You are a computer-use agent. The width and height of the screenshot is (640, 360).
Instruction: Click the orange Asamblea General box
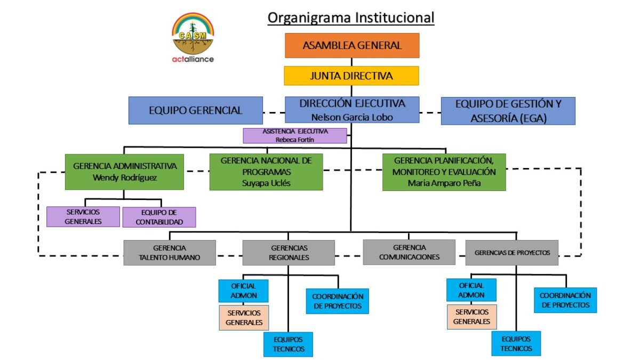click(351, 45)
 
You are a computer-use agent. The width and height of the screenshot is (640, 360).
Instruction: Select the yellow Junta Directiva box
click(351, 76)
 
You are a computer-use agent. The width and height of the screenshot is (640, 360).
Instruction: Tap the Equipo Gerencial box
click(195, 110)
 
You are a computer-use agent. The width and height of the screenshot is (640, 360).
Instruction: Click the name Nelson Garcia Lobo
click(352, 117)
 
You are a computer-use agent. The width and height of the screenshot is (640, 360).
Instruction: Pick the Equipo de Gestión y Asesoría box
click(508, 111)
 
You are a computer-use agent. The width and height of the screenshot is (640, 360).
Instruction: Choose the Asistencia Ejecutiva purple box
click(294, 135)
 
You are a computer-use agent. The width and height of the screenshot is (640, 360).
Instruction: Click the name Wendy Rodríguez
click(125, 178)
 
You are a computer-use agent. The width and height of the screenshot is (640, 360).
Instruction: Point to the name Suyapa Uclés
click(266, 183)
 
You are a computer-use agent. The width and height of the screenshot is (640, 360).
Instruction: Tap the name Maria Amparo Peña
click(444, 183)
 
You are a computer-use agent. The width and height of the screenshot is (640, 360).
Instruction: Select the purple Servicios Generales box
click(83, 217)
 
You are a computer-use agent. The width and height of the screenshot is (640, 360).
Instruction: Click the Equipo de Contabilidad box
click(159, 217)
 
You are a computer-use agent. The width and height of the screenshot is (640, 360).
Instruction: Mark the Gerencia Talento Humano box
click(170, 252)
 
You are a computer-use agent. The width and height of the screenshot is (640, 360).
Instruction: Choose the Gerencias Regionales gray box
click(289, 252)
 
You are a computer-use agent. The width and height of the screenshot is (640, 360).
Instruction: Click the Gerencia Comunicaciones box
click(409, 252)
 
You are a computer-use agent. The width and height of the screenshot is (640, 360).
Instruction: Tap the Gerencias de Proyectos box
click(511, 253)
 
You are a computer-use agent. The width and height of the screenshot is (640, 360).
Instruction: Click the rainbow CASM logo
click(193, 32)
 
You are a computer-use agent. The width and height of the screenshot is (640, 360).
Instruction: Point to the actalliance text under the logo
click(193, 59)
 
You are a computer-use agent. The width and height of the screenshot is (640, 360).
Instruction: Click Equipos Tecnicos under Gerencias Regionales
click(288, 344)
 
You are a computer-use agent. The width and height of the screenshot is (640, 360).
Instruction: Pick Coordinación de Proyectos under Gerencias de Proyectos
click(565, 300)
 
